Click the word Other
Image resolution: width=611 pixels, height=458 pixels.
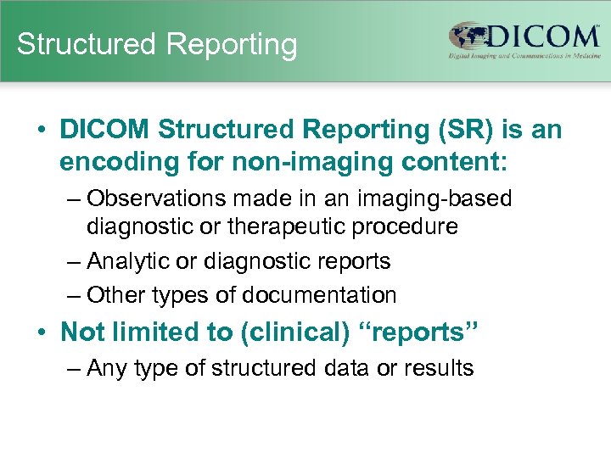(115, 295)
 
